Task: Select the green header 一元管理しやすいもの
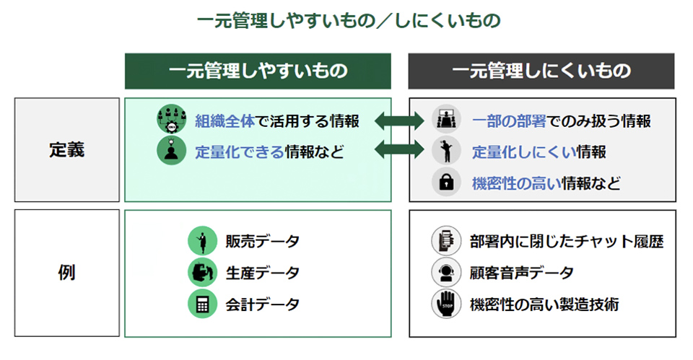tap(258, 71)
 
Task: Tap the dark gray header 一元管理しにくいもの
tap(541, 71)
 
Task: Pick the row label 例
tap(66, 273)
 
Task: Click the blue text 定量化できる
tap(239, 152)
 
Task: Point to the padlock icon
tap(446, 182)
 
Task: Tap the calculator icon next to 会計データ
tap(202, 304)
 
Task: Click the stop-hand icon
tap(445, 304)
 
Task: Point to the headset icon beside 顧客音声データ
tap(445, 273)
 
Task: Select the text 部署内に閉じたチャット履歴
tap(565, 241)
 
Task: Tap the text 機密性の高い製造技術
tap(544, 304)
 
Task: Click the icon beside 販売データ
tap(202, 241)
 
